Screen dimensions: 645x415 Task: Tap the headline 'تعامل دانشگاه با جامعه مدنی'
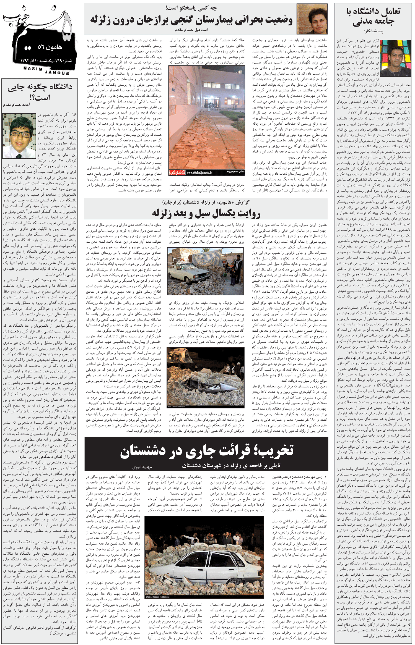373,17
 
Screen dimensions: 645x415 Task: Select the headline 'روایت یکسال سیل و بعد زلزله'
206,213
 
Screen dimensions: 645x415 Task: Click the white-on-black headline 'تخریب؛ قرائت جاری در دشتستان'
206,451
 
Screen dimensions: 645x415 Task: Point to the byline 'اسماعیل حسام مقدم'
191,30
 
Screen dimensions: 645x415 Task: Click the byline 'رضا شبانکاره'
373,31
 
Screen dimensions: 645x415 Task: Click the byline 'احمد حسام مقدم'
17,105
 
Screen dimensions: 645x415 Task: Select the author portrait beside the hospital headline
312,19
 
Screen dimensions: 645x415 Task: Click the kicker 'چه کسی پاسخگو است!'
191,8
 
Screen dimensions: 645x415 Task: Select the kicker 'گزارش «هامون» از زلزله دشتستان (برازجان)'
206,202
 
